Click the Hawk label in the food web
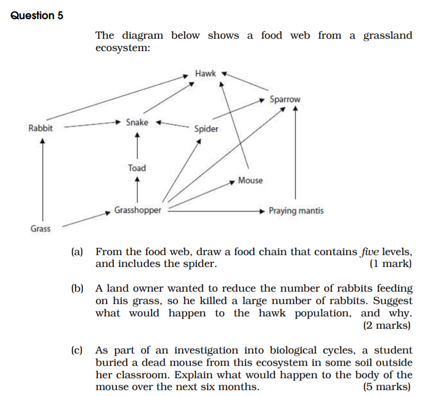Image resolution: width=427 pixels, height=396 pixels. tap(206, 74)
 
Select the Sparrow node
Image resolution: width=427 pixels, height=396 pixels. tap(285, 99)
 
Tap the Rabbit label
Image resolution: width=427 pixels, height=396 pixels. tap(41, 128)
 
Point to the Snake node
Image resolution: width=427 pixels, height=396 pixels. tap(137, 123)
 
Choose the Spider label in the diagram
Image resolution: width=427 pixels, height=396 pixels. tap(206, 129)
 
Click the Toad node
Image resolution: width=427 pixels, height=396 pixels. tap(137, 168)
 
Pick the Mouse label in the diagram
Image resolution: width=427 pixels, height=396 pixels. tap(250, 181)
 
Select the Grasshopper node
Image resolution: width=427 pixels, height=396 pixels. tap(137, 210)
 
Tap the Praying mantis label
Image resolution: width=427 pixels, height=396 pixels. tap(296, 211)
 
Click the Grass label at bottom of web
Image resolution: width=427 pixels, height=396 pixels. tap(40, 229)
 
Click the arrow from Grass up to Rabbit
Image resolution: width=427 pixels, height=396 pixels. tap(43, 180)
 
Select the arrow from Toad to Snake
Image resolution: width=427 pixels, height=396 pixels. tap(137, 145)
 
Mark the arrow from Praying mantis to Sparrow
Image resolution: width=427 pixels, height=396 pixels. tap(295, 154)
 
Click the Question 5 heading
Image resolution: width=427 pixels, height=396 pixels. tap(37, 15)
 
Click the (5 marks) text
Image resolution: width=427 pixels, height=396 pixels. tap(387, 387)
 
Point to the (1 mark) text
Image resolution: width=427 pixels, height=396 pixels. tap(390, 264)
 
